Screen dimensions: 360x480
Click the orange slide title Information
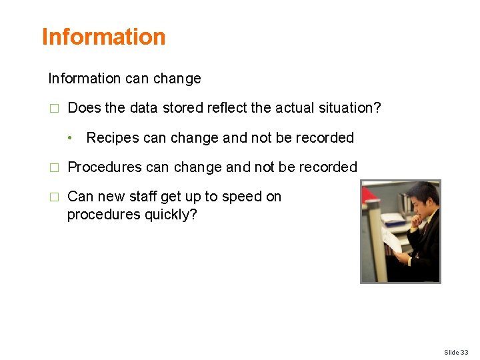click(x=103, y=37)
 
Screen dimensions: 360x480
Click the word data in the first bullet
click(x=144, y=108)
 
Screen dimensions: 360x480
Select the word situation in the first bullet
click(x=350, y=108)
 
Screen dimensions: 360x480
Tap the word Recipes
click(x=110, y=138)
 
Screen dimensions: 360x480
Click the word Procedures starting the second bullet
click(x=105, y=167)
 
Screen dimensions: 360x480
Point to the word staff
click(x=144, y=197)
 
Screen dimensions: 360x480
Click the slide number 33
click(x=465, y=352)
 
